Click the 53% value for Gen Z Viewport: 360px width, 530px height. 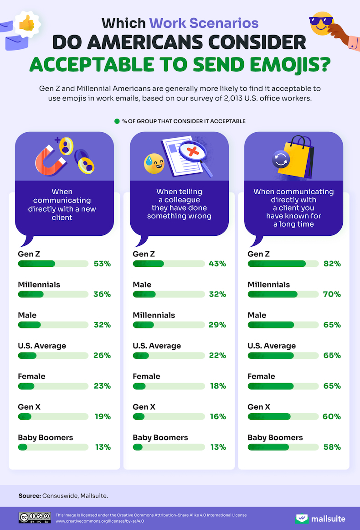click(x=103, y=264)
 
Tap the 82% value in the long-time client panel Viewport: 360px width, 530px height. click(x=332, y=264)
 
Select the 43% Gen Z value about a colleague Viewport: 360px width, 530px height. click(x=217, y=264)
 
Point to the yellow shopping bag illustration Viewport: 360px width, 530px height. click(x=298, y=158)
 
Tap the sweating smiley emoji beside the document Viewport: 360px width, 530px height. click(x=154, y=164)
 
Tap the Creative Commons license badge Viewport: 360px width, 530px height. click(x=35, y=518)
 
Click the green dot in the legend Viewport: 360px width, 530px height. click(x=117, y=121)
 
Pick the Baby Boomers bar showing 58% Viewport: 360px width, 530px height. click(x=283, y=447)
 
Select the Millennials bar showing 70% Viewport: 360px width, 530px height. click(x=283, y=294)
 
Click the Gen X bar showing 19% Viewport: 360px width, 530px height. click(x=53, y=416)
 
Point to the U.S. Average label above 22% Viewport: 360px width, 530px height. click(x=157, y=346)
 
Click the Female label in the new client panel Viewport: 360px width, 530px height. click(x=31, y=376)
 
